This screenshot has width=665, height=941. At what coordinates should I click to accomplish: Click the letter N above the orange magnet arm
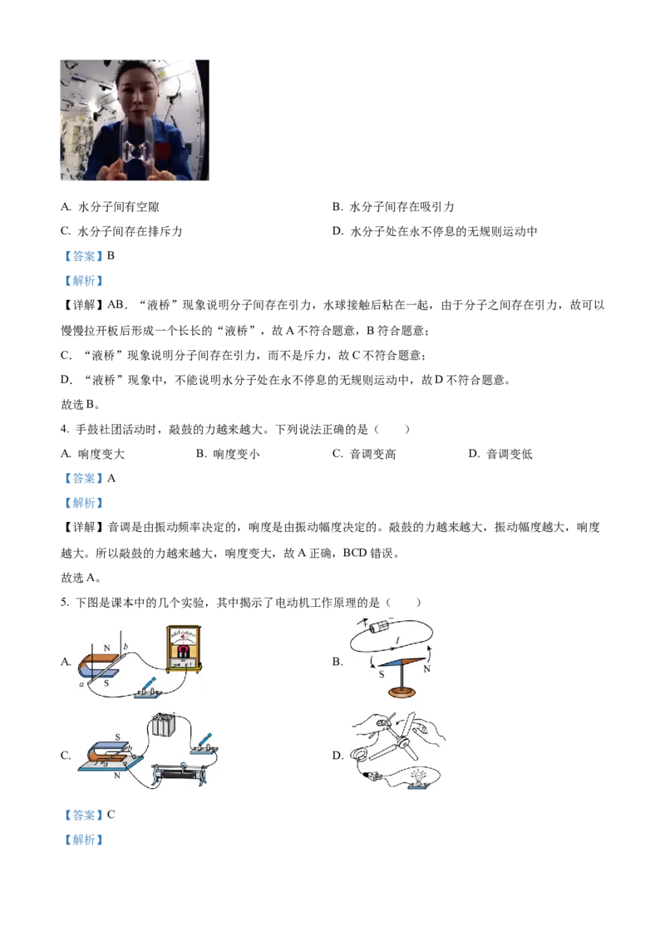pos(106,647)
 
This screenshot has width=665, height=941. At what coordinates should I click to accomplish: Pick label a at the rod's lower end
pos(81,682)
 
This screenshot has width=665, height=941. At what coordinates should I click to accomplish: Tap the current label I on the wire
pos(401,638)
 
